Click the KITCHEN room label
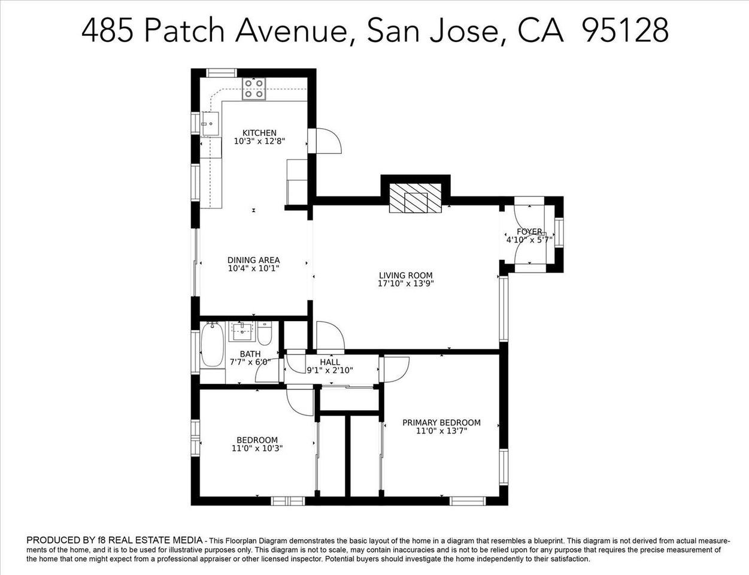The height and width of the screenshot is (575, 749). click(x=259, y=133)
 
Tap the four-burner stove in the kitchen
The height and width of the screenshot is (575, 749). click(x=254, y=90)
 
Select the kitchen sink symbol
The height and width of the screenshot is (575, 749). click(x=210, y=125)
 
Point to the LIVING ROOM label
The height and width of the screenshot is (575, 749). click(x=405, y=276)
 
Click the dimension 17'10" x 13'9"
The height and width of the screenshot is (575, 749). click(x=405, y=284)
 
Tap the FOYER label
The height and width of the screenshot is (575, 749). click(x=529, y=231)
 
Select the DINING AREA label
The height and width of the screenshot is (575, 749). click(x=253, y=260)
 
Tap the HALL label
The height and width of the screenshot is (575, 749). click(x=330, y=362)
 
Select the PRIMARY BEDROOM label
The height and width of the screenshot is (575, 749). click(x=441, y=422)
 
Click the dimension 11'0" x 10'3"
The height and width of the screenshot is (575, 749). click(x=257, y=448)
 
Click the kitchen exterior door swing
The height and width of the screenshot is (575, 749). click(x=327, y=141)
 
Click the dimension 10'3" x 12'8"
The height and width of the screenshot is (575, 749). click(x=259, y=141)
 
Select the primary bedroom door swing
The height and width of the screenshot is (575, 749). click(x=395, y=369)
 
